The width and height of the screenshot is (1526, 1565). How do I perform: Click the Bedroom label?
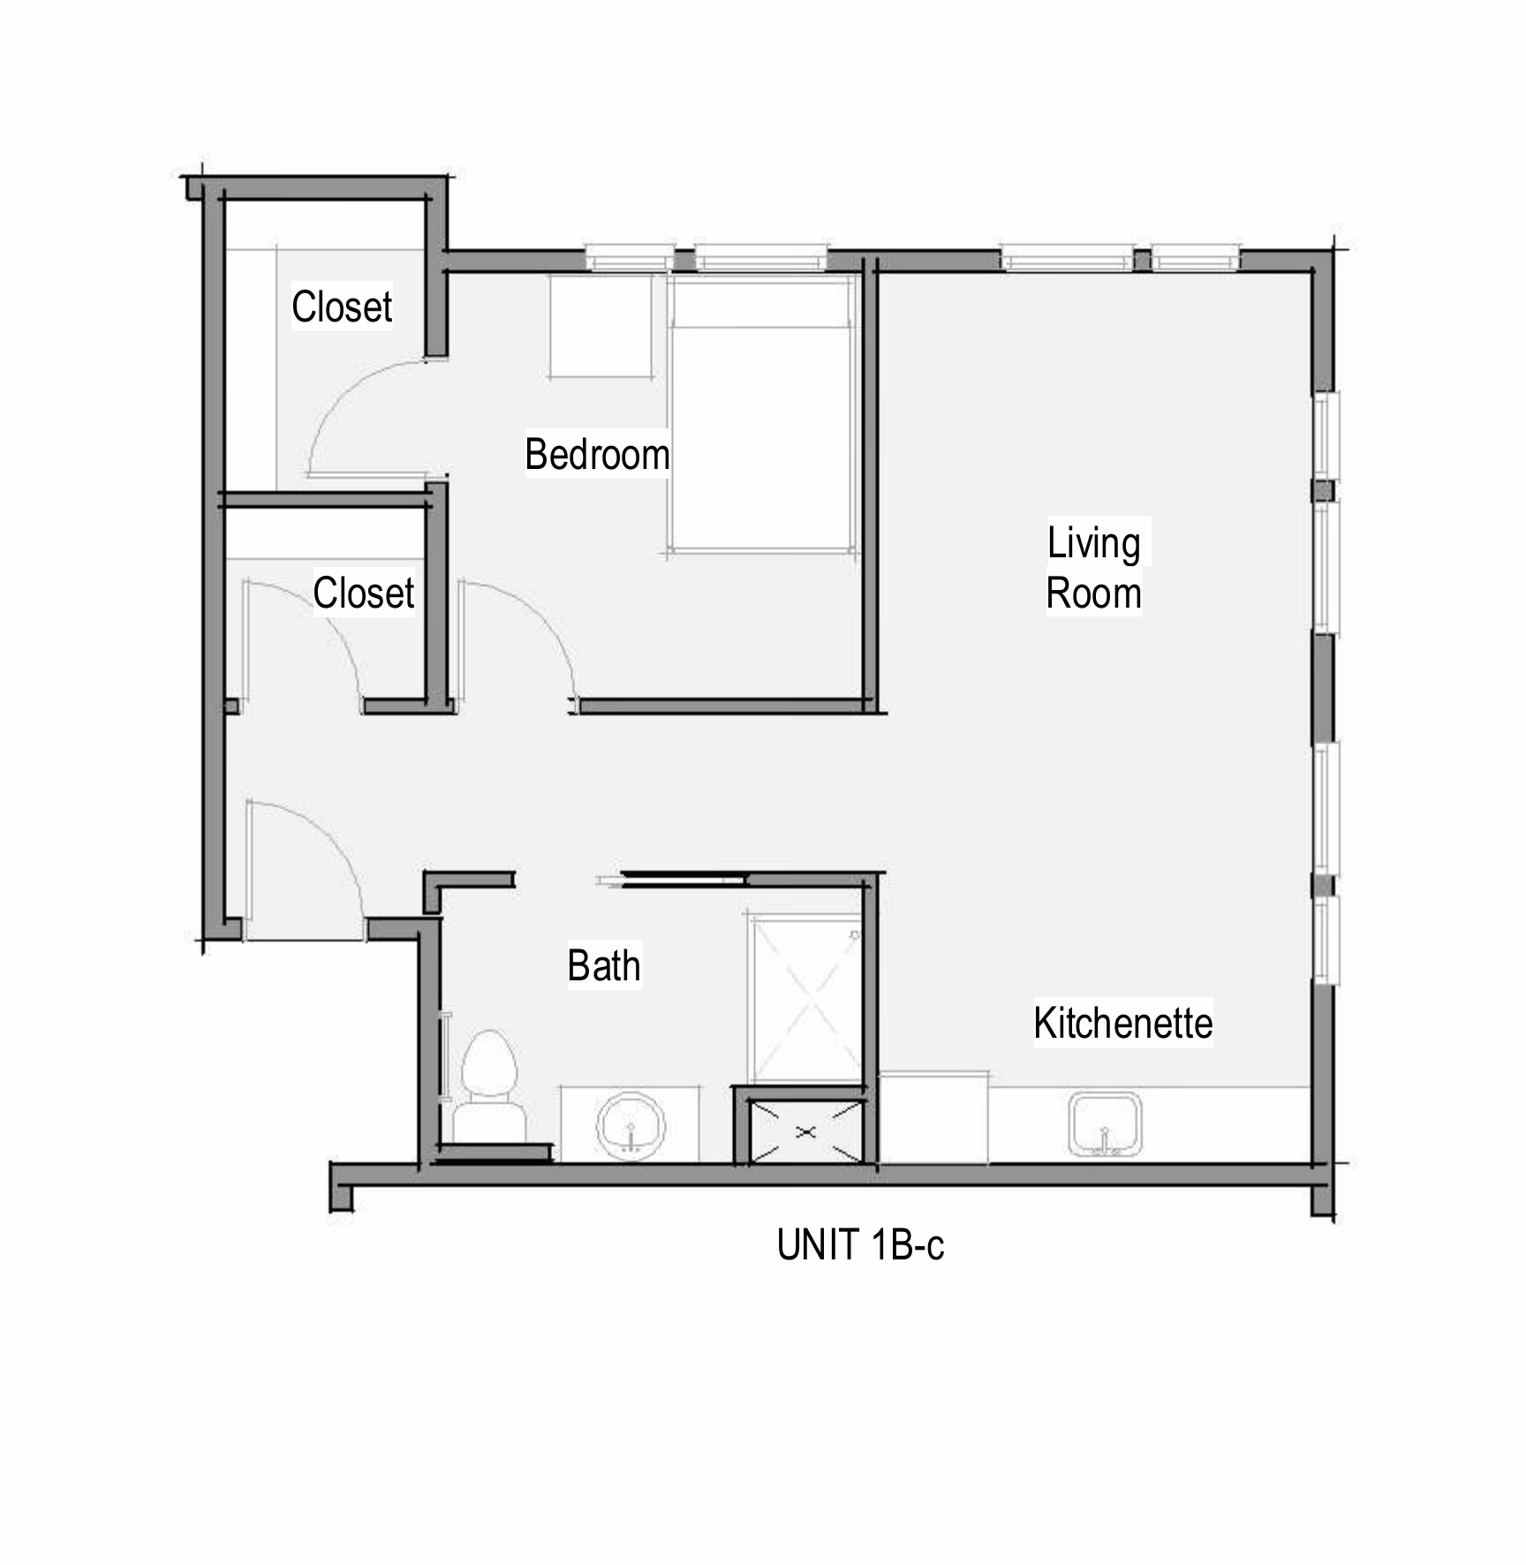pyautogui.click(x=597, y=455)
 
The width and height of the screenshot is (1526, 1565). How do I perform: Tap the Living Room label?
pyautogui.click(x=1094, y=568)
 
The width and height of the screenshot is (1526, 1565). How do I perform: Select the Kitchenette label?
pyautogui.click(x=1123, y=1023)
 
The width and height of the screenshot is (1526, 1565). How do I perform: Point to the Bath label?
pyautogui.click(x=604, y=965)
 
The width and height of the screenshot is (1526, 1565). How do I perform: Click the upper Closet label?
pyautogui.click(x=342, y=306)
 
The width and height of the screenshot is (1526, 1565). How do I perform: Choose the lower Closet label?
pyautogui.click(x=364, y=593)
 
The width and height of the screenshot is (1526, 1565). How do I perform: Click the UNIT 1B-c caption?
pyautogui.click(x=860, y=1245)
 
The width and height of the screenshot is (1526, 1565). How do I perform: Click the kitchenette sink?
pyautogui.click(x=1105, y=1125)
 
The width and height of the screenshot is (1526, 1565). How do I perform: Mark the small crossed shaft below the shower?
pyautogui.click(x=805, y=1131)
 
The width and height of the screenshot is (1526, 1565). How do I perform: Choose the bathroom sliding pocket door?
pyautogui.click(x=671, y=879)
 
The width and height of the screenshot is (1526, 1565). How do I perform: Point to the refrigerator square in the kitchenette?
pyautogui.click(x=933, y=1118)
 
